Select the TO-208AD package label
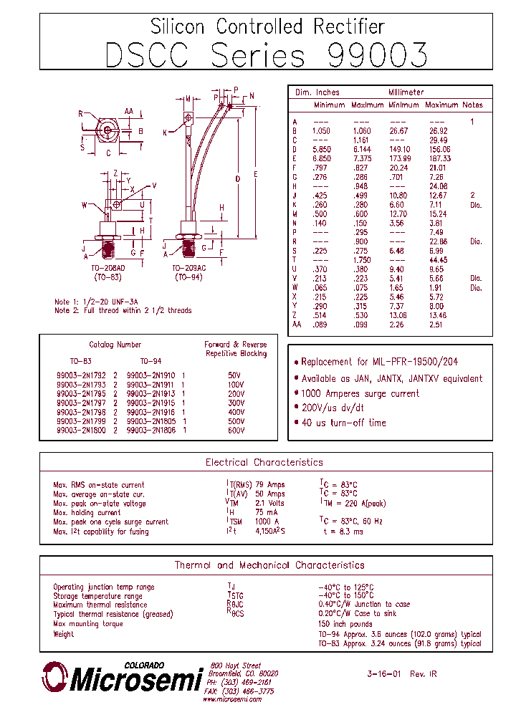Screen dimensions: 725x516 [x=109, y=267]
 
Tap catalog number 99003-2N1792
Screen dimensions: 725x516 [x=81, y=375]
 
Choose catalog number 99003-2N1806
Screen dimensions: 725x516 [x=151, y=431]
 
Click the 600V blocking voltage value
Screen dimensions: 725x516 [x=236, y=431]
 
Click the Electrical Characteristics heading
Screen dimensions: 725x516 [x=264, y=463]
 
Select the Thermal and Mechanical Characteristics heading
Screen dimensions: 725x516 [x=269, y=565]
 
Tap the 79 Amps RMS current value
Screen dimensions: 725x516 [x=270, y=485]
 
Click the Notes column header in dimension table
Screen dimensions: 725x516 [x=472, y=105]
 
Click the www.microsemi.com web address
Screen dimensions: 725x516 [x=232, y=700]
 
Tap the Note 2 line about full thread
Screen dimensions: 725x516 [x=123, y=311]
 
